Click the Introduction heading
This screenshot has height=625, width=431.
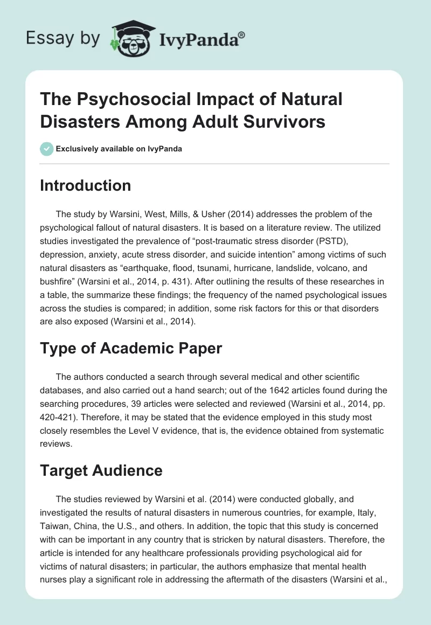coord(86,185)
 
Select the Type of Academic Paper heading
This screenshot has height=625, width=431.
coord(131,348)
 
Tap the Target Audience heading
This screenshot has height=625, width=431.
coord(101,470)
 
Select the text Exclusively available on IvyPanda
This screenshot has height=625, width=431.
coord(119,149)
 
